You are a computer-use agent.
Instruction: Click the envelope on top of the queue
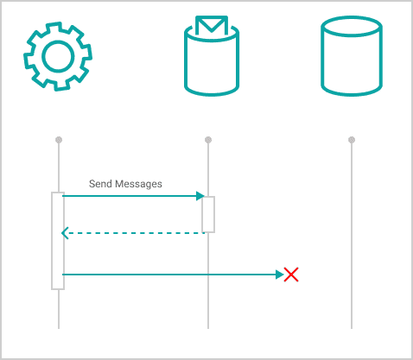(212, 25)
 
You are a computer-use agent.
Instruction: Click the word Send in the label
(100, 184)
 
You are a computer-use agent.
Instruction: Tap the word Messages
(138, 184)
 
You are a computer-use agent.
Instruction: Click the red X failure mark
(291, 275)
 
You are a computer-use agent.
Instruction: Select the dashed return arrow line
(133, 233)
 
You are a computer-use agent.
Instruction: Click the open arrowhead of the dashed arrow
(65, 233)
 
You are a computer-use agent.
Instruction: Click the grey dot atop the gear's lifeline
(59, 140)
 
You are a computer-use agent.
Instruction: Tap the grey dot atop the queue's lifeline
(208, 140)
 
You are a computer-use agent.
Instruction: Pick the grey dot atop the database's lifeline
(352, 140)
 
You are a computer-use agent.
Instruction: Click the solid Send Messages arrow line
(133, 196)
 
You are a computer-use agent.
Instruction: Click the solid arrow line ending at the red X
(173, 275)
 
